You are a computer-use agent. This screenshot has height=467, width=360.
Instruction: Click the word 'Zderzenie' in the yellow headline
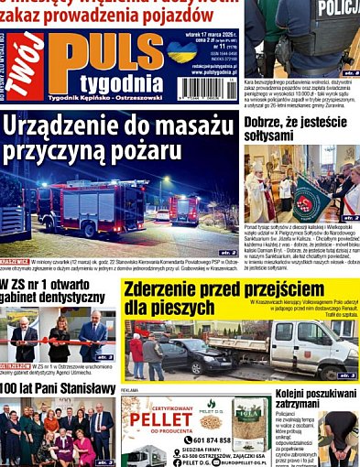click(x=170, y=288)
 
